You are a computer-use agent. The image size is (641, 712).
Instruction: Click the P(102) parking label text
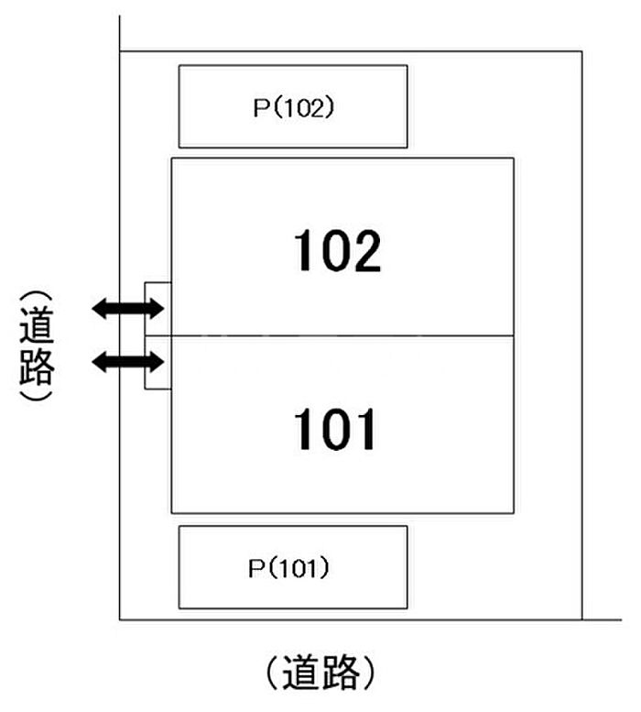point(293,107)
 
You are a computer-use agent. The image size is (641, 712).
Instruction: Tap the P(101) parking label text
point(288,568)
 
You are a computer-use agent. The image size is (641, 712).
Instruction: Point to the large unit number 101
point(335,430)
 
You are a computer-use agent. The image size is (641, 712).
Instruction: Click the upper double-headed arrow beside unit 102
point(127,309)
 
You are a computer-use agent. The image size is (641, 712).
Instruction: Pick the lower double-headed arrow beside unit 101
point(127,363)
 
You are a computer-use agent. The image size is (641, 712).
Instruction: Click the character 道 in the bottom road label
point(302,674)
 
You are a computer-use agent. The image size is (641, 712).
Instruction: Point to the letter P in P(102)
point(259,107)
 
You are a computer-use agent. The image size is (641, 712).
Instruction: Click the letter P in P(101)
point(255,568)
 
